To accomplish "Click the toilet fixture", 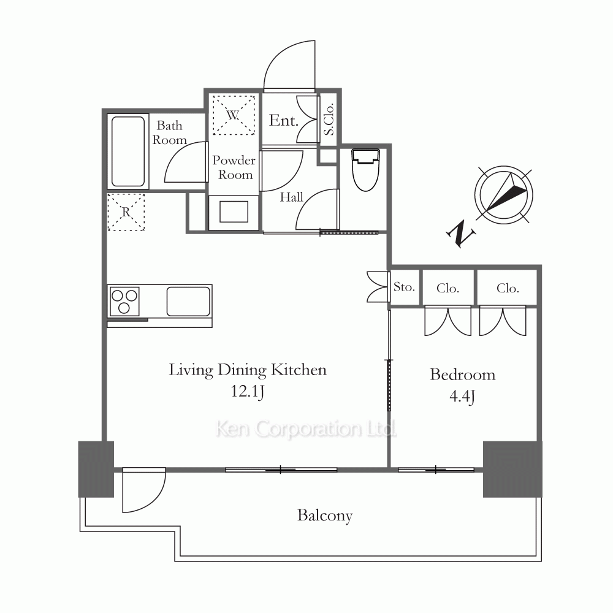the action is click(x=365, y=170).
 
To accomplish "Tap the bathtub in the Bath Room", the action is click(x=128, y=151).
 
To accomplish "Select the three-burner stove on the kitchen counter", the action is click(x=124, y=301).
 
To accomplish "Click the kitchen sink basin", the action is click(x=188, y=302).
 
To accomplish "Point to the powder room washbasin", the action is click(x=234, y=211).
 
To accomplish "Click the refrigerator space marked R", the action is click(x=126, y=212).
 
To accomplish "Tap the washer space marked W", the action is click(x=234, y=115).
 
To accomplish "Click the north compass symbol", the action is click(x=503, y=195).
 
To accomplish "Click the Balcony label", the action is click(x=325, y=516).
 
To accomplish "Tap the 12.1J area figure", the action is click(x=248, y=391).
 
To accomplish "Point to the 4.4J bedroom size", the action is click(x=462, y=397).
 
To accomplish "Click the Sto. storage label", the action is click(x=404, y=287).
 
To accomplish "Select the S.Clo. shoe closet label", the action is click(x=329, y=120).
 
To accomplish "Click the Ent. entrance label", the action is click(x=283, y=120).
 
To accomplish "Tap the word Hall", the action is click(x=292, y=197).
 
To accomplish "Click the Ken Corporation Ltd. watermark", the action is click(x=306, y=429).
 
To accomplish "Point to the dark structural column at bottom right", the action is click(x=512, y=469).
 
